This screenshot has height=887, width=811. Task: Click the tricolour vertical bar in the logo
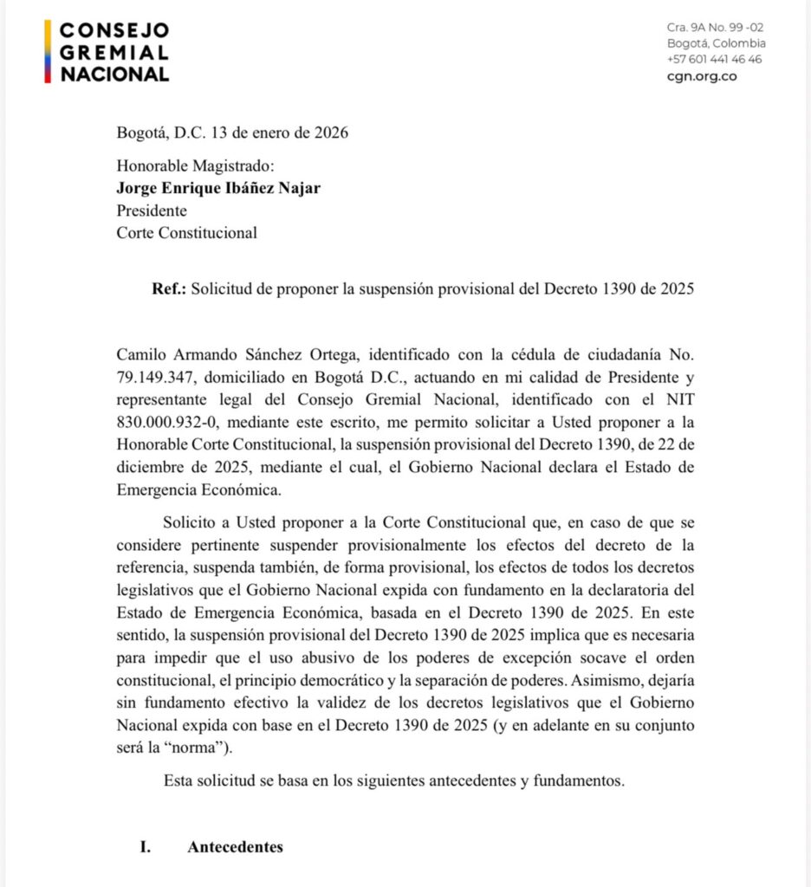pyautogui.click(x=49, y=52)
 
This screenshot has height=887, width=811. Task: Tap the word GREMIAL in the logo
pyautogui.click(x=114, y=52)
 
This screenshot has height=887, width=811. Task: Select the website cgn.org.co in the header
pyautogui.click(x=702, y=75)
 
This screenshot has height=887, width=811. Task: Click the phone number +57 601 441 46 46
pyautogui.click(x=715, y=59)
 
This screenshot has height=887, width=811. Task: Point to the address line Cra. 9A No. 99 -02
pyautogui.click(x=715, y=28)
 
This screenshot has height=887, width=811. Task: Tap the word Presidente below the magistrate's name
pyautogui.click(x=152, y=210)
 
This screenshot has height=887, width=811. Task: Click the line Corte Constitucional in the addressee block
pyautogui.click(x=186, y=232)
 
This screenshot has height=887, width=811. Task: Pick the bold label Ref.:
pyautogui.click(x=169, y=288)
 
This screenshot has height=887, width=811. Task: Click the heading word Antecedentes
pyautogui.click(x=235, y=847)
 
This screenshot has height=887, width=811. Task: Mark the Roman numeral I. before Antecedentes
pyautogui.click(x=146, y=847)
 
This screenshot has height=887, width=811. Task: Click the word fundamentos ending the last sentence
pyautogui.click(x=578, y=780)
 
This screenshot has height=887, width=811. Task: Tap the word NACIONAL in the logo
pyautogui.click(x=114, y=74)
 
